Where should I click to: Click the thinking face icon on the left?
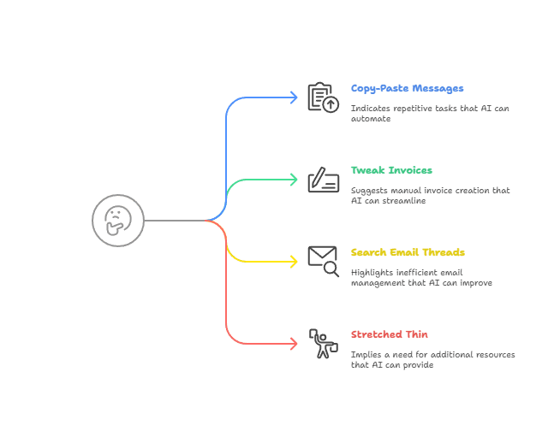pyautogui.click(x=118, y=221)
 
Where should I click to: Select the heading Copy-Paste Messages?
pyautogui.click(x=407, y=88)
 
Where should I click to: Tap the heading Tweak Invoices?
pyautogui.click(x=391, y=170)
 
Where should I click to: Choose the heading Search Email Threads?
pyautogui.click(x=408, y=252)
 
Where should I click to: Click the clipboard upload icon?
pyautogui.click(x=323, y=97)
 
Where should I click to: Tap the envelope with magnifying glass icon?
pyautogui.click(x=323, y=262)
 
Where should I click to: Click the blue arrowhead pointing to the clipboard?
pyautogui.click(x=294, y=97)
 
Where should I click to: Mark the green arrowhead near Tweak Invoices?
pyautogui.click(x=294, y=180)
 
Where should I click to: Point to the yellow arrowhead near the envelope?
pyautogui.click(x=294, y=262)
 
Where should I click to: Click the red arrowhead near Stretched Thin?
pyautogui.click(x=294, y=344)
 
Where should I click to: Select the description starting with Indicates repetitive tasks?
pyautogui.click(x=428, y=113)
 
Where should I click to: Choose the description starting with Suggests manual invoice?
pyautogui.click(x=430, y=195)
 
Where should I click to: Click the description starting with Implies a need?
pyautogui.click(x=432, y=359)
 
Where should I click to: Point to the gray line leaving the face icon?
pyautogui.click(x=176, y=221)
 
